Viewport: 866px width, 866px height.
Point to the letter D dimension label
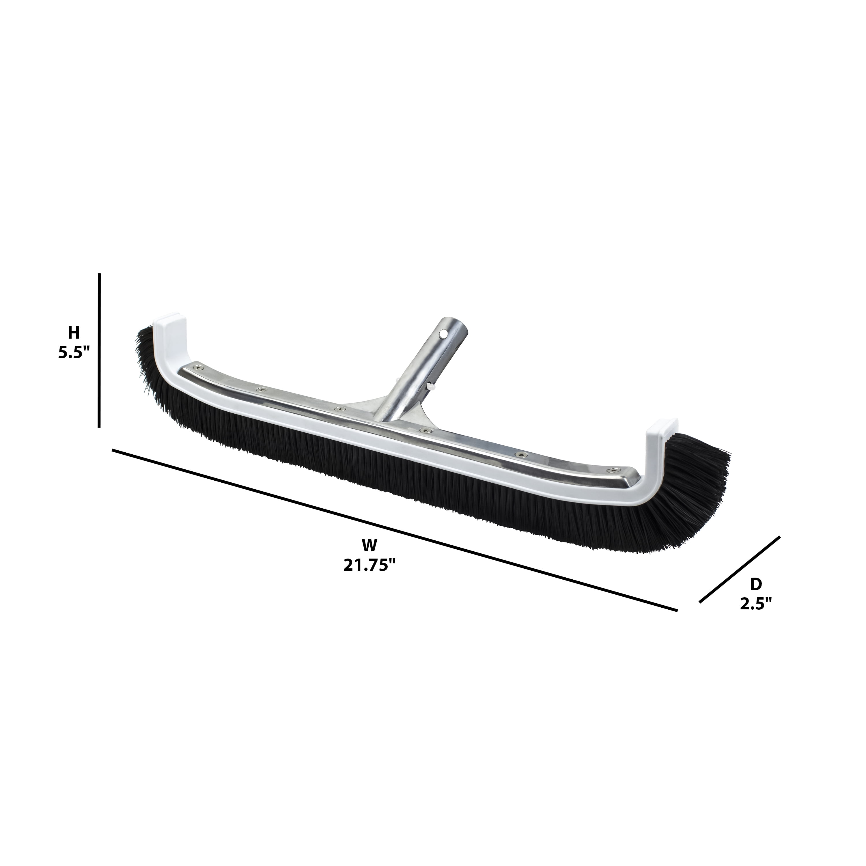[x=756, y=584]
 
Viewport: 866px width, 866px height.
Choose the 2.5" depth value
[x=756, y=604]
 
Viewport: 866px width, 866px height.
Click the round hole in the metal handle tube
[x=443, y=334]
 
